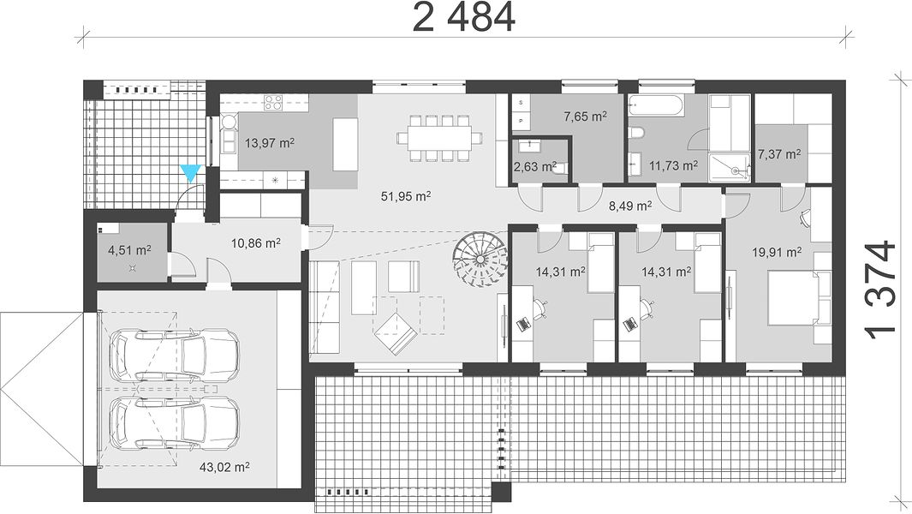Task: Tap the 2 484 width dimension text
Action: (x=463, y=17)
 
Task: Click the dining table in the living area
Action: (x=439, y=138)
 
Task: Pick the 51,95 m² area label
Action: (x=406, y=196)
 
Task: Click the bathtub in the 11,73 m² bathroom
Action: (x=655, y=106)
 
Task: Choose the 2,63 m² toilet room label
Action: (x=534, y=167)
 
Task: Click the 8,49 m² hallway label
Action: (x=630, y=206)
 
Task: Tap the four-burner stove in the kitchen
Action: (x=273, y=103)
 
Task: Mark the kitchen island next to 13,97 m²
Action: (x=345, y=145)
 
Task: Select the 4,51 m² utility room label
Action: (x=129, y=250)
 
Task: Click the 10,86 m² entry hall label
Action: (x=256, y=242)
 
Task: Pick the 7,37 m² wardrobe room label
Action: (x=778, y=154)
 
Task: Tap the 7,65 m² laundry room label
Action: (x=585, y=117)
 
